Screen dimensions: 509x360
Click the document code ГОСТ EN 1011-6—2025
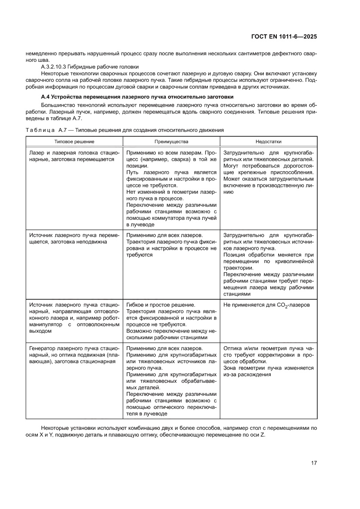pyautogui.click(x=284, y=37)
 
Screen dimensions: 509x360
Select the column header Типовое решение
pyautogui.click(x=74, y=142)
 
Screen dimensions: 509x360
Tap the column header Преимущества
pyautogui.click(x=171, y=142)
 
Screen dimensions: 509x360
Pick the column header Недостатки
pyautogui.click(x=268, y=142)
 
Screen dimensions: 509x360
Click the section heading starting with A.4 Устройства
pyautogui.click(x=137, y=96)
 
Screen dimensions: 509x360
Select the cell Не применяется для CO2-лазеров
pyautogui.click(x=266, y=305)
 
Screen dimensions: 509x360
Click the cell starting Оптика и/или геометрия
pyautogui.click(x=268, y=361)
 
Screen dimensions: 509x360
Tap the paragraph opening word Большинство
pyautogui.click(x=58, y=106)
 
